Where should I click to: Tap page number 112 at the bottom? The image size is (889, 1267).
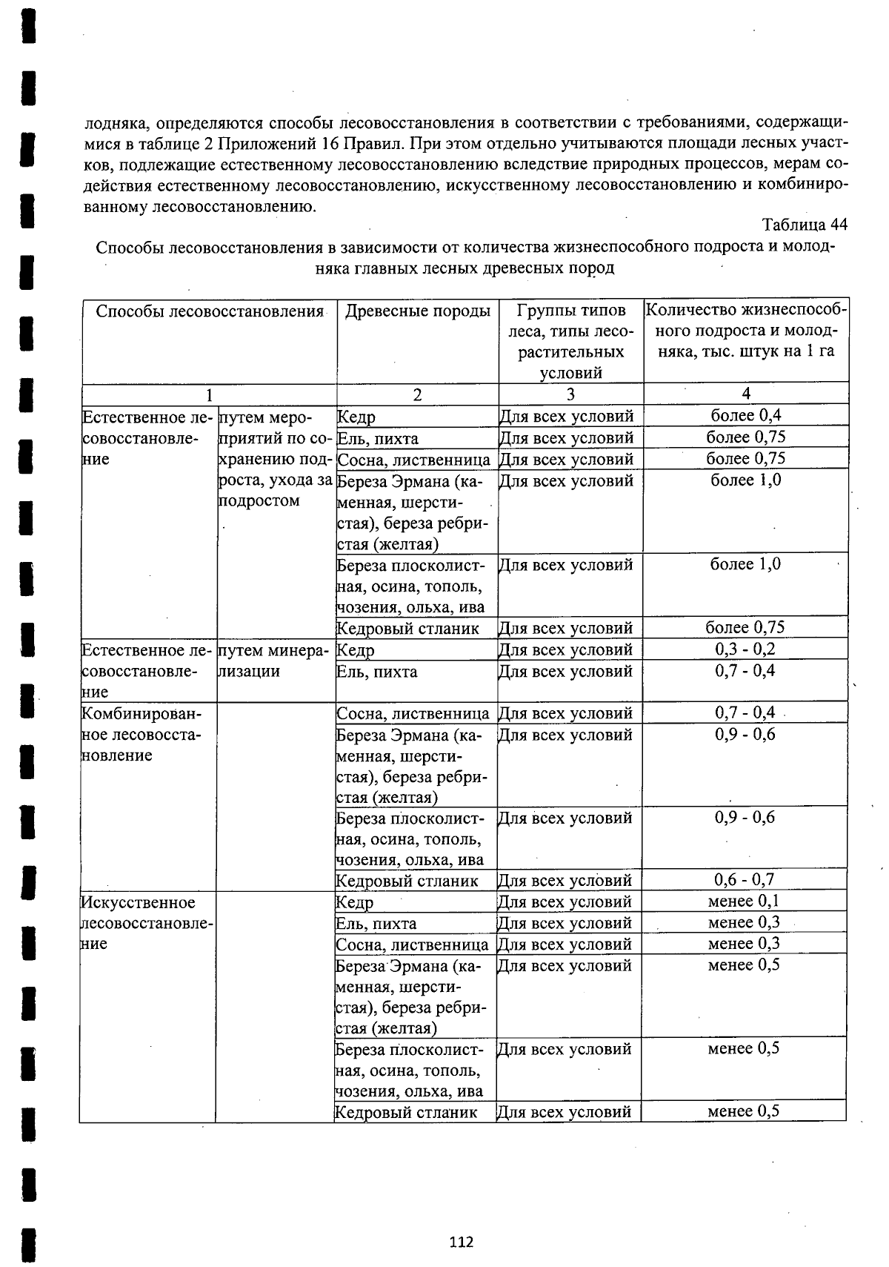(461, 1242)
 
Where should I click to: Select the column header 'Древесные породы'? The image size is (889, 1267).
(418, 311)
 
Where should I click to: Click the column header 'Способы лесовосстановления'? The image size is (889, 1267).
(210, 311)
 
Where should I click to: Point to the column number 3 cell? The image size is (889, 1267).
(570, 394)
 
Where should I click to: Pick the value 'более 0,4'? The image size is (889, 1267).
(745, 415)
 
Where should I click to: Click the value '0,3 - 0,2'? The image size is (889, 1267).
(745, 649)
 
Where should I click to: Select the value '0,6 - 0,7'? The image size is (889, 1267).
(744, 880)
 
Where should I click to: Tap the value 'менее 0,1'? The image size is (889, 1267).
(744, 902)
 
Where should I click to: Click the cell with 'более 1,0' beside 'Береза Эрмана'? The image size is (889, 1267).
(745, 480)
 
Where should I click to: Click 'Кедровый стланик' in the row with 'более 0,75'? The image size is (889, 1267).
(407, 629)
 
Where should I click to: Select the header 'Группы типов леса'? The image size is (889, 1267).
(570, 341)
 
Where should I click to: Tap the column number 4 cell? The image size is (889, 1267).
(745, 394)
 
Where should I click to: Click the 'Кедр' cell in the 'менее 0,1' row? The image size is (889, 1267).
(355, 902)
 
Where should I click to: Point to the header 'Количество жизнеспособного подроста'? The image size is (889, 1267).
(745, 331)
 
